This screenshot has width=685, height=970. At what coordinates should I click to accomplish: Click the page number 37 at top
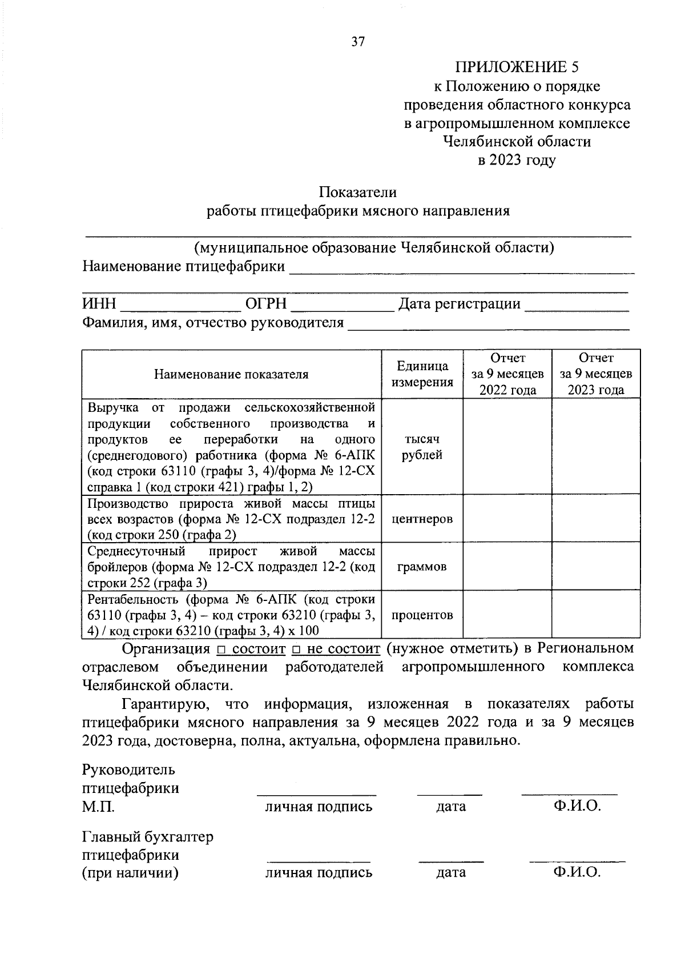point(358,42)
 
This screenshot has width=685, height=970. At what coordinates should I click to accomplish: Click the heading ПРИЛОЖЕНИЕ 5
point(517,67)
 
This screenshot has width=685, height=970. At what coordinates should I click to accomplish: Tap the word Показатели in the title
point(358,193)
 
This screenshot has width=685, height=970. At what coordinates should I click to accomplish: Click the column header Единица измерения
point(422,374)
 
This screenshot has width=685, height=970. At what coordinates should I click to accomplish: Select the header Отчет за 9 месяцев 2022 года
point(507,374)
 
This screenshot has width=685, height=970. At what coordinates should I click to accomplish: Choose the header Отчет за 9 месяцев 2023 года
point(596,374)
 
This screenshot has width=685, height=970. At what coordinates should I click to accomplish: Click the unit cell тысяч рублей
point(422,447)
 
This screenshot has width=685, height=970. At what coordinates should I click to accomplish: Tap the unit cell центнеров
point(422,519)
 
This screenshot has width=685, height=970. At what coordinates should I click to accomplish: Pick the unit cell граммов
point(422,567)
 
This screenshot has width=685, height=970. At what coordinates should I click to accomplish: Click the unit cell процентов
point(422,615)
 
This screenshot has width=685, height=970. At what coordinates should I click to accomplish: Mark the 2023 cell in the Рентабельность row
point(596,615)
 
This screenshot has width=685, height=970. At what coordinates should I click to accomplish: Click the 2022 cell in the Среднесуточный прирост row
point(507,567)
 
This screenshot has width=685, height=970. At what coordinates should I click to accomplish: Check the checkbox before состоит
point(222,650)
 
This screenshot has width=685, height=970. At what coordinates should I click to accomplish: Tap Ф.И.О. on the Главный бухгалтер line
point(577,872)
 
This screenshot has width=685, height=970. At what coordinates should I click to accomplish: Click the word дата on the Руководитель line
point(451,807)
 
